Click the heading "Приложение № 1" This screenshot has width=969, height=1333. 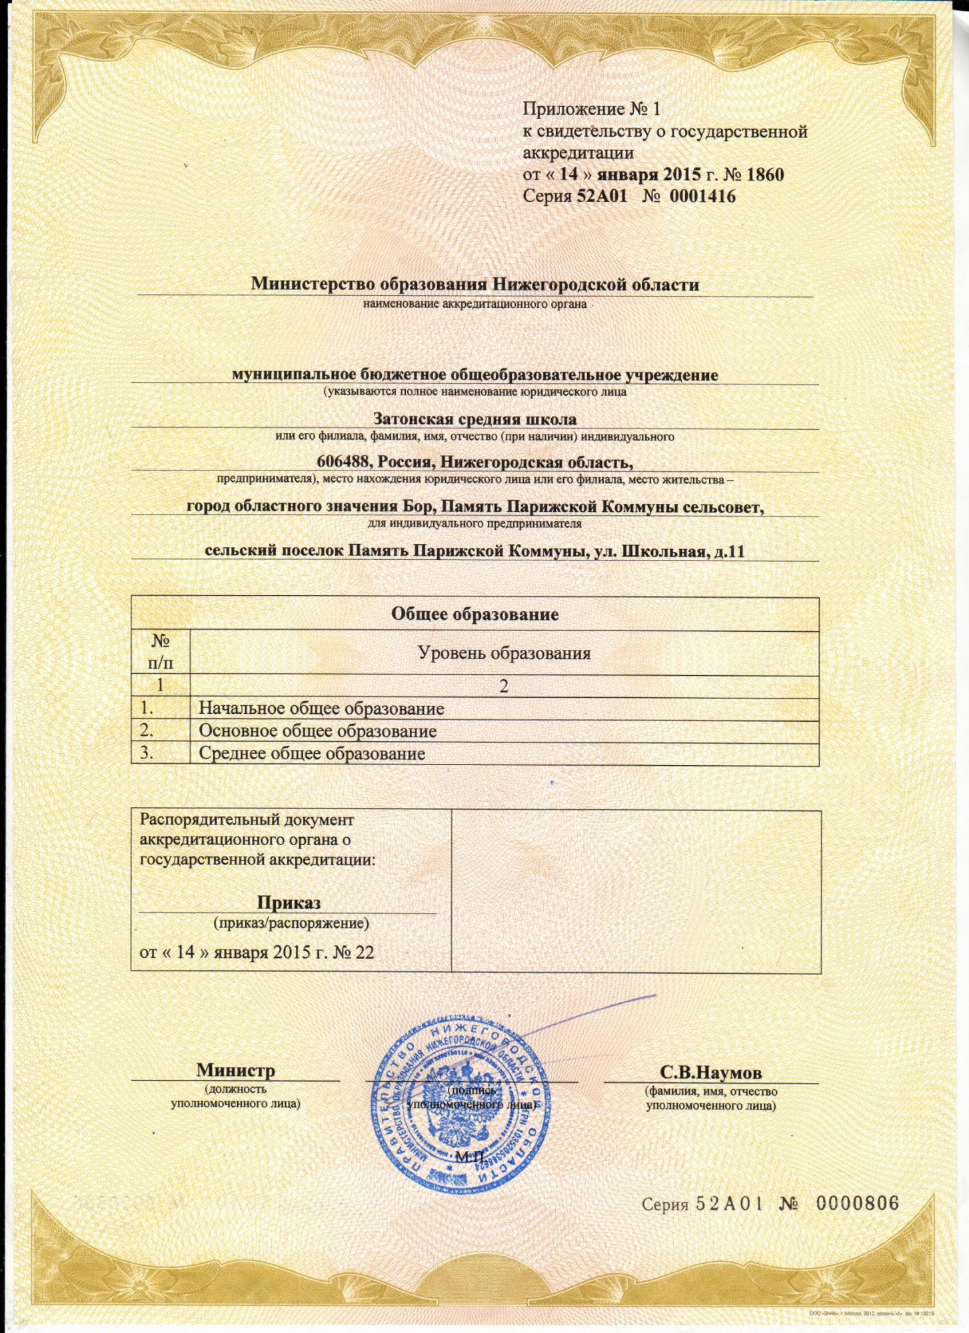coord(590,109)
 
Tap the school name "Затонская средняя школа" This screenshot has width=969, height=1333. coord(475,419)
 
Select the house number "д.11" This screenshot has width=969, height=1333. coord(728,551)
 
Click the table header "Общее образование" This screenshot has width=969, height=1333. coord(475,614)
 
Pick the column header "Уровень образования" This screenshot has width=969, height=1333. coord(504,653)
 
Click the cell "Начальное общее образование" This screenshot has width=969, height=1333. coord(321,708)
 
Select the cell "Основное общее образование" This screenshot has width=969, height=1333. coord(318,731)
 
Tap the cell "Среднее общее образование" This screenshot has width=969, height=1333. coord(312,754)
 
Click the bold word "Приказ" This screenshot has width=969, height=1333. coord(289,902)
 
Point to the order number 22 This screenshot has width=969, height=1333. coord(364,952)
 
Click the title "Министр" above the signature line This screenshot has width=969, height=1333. coord(235,1070)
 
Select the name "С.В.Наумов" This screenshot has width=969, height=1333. coord(710,1072)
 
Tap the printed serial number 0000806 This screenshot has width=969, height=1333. coord(857,1204)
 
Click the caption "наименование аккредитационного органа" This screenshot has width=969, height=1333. coord(475,305)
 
